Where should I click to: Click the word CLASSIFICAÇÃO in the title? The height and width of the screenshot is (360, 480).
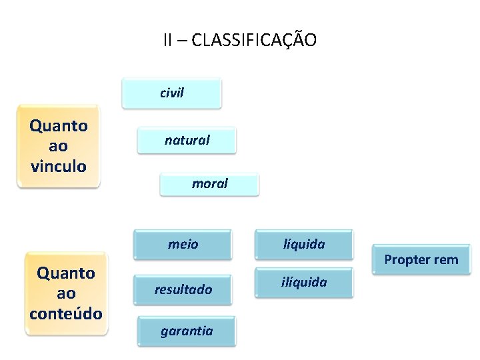(x=253, y=40)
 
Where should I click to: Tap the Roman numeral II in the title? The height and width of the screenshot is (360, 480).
(x=169, y=40)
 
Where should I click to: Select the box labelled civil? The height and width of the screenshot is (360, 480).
(x=171, y=93)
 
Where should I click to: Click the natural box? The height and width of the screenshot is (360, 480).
(x=187, y=141)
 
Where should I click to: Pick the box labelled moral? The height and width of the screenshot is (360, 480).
(x=209, y=183)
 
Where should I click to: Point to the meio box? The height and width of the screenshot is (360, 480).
(x=183, y=245)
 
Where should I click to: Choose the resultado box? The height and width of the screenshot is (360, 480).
(x=183, y=289)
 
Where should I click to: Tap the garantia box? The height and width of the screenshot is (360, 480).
(x=187, y=331)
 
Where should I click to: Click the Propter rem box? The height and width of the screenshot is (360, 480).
(x=421, y=259)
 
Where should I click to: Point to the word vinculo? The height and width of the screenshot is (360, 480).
(x=59, y=166)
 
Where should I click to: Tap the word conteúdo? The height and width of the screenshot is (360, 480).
(x=66, y=313)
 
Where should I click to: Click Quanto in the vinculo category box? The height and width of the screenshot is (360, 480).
(x=59, y=126)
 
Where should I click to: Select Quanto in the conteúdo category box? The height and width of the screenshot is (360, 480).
(x=66, y=273)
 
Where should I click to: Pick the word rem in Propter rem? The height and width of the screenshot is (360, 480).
(x=445, y=259)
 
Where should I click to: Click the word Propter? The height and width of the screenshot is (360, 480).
(x=407, y=260)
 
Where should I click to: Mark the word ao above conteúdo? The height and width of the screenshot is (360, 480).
(x=66, y=293)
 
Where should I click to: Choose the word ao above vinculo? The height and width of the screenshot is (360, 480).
(x=59, y=146)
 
